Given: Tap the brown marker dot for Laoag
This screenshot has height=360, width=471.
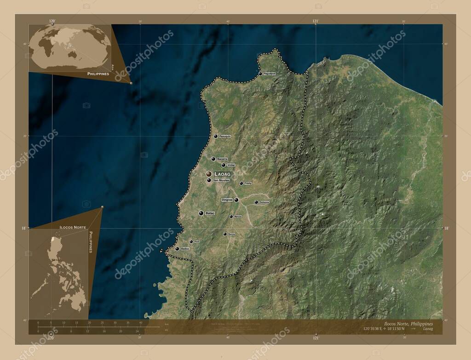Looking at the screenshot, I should click(x=209, y=174).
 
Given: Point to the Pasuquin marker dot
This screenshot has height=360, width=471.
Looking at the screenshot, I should click(x=215, y=136).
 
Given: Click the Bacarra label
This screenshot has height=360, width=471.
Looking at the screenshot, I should click(x=222, y=159).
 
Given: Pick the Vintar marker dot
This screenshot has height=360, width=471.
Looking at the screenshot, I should click(x=224, y=165).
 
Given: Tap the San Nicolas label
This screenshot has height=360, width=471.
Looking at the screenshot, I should click(x=221, y=180).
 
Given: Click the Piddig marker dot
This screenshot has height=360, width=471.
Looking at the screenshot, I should click(x=241, y=183).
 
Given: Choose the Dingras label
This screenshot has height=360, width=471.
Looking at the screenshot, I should click(x=227, y=200).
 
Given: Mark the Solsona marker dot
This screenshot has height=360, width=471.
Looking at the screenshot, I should click(x=256, y=202).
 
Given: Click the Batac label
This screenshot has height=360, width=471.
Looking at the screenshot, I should click(x=210, y=213).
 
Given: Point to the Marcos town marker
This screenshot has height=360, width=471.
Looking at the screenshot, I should click(x=231, y=216).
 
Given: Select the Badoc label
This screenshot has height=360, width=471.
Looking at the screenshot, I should click(x=185, y=249).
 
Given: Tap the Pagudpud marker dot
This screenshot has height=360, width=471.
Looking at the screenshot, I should click(x=260, y=74).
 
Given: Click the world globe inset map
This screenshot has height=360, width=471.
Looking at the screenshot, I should click(x=70, y=47).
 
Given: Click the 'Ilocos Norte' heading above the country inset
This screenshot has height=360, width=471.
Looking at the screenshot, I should click(x=73, y=227).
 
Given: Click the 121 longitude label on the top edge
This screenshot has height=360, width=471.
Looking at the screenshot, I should click(x=316, y=21).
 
